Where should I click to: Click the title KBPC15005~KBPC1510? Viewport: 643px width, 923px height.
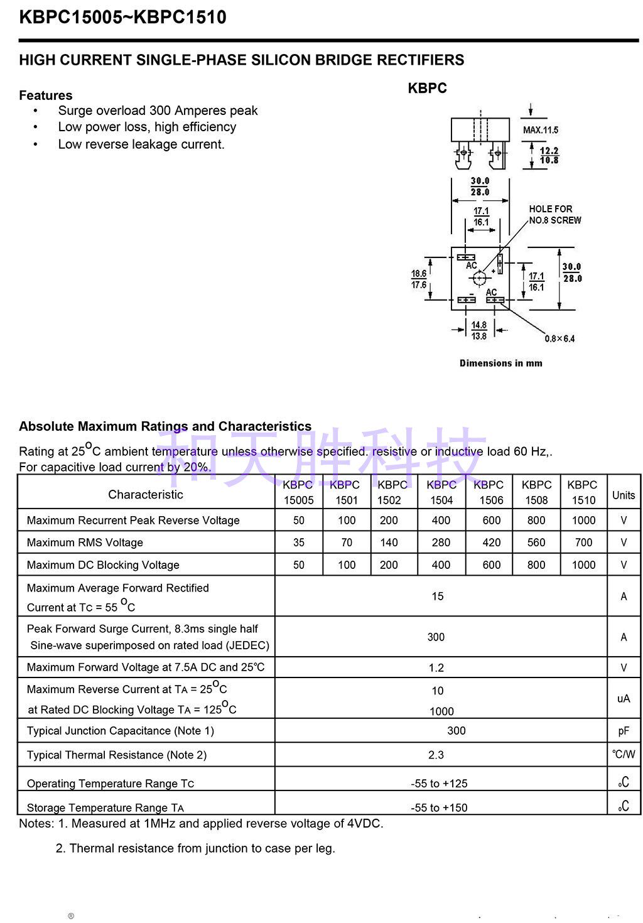pos(123,18)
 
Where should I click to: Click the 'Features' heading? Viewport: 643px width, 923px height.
pos(46,95)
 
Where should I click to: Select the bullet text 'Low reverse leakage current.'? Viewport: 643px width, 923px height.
pos(141,144)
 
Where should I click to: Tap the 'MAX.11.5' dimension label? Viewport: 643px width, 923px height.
pos(541,130)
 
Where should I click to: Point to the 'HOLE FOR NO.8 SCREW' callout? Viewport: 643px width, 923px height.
pos(555,215)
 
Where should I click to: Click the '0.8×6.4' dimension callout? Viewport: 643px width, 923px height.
pos(559,339)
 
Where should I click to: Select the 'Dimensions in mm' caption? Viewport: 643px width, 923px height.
pos(500,363)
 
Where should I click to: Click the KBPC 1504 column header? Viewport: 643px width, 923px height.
pos(441,493)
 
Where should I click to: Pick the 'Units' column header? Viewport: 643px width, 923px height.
pos(624,495)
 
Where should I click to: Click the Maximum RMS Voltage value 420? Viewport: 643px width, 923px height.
pos(492,542)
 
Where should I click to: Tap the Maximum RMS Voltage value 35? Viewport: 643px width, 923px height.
pos(299,542)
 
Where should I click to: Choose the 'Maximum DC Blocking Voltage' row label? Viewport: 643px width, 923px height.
pos(103,565)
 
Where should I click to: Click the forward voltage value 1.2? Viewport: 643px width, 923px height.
pos(436,667)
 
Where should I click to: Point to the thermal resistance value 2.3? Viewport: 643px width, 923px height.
pos(436,755)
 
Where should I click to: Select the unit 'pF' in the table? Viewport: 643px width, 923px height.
pos(624,731)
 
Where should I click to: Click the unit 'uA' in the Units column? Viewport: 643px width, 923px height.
pos(624,699)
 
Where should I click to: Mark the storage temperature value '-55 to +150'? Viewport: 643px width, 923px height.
pos(440,807)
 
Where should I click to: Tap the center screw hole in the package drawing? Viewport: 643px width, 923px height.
pos(480,278)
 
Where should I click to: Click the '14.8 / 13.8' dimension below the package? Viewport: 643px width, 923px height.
pos(479,331)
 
